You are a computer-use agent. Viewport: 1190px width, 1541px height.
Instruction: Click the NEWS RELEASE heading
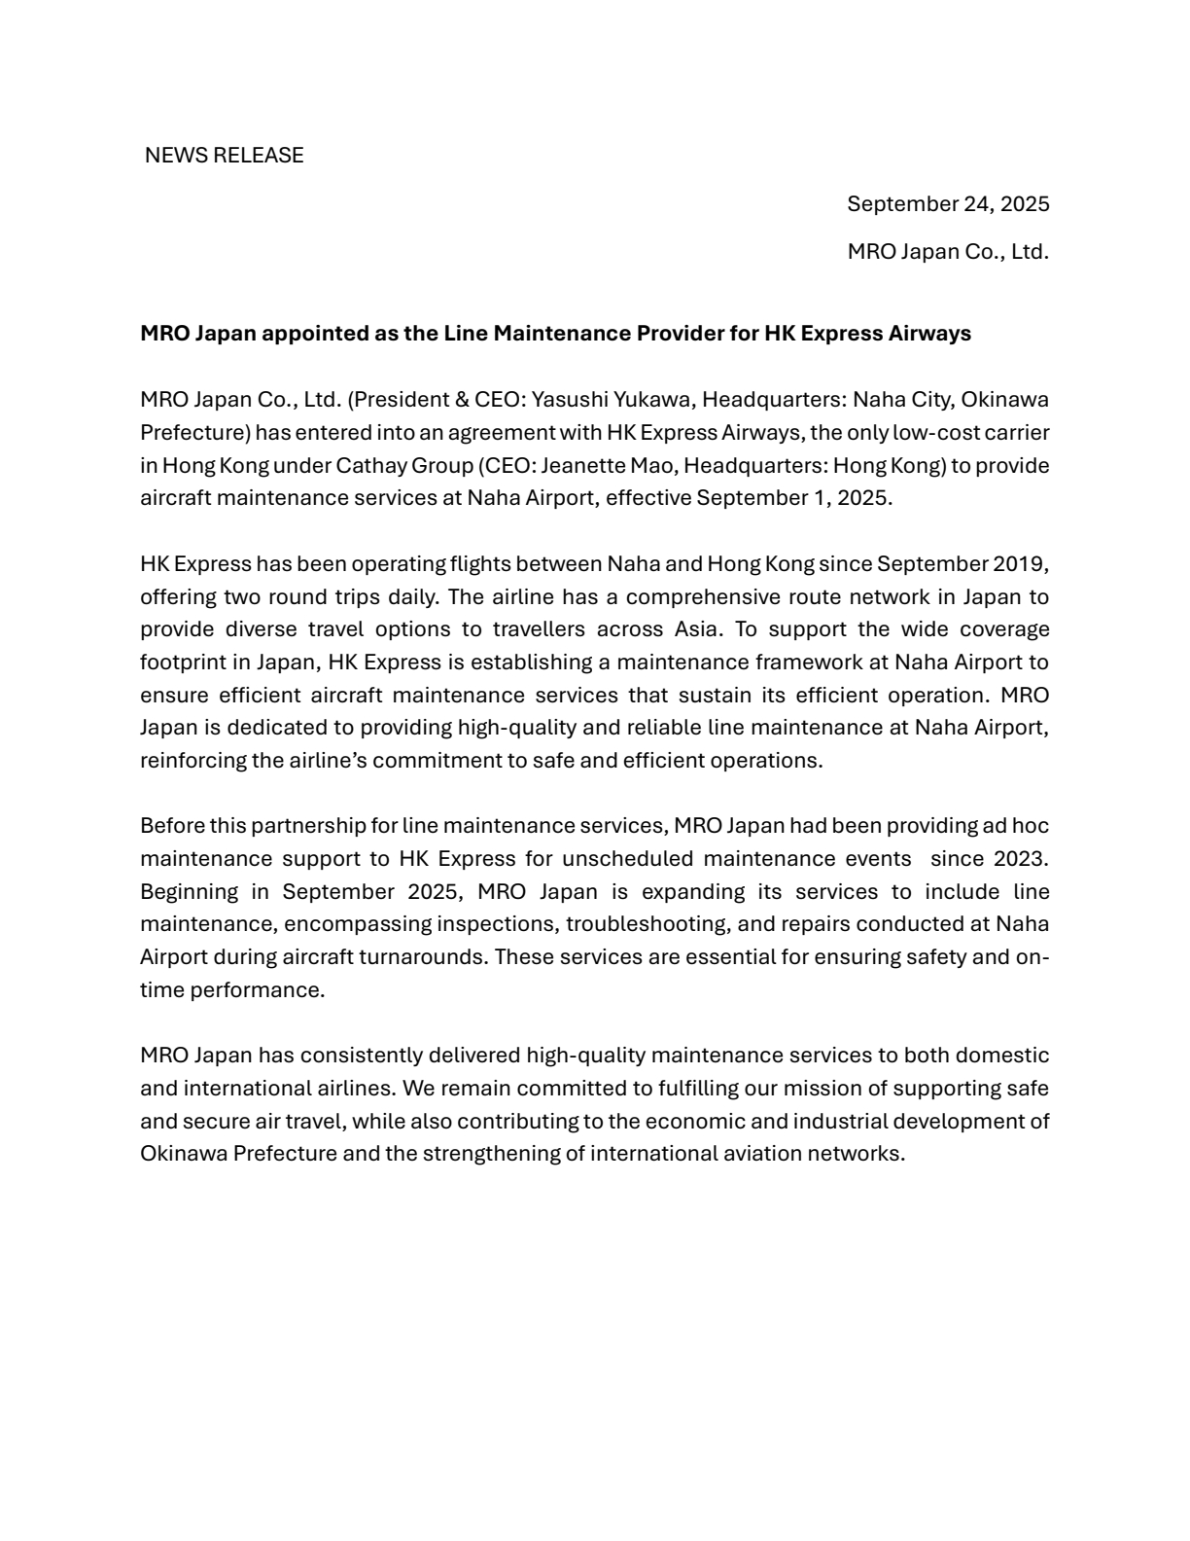pyautogui.click(x=224, y=156)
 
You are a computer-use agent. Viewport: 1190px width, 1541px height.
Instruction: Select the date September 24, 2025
pyautogui.click(x=948, y=204)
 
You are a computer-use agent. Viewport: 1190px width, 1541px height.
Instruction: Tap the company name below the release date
pyautogui.click(x=948, y=252)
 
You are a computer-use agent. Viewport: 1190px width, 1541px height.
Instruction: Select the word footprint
pyautogui.click(x=182, y=663)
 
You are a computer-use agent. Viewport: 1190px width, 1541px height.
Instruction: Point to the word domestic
pyautogui.click(x=1001, y=1056)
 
